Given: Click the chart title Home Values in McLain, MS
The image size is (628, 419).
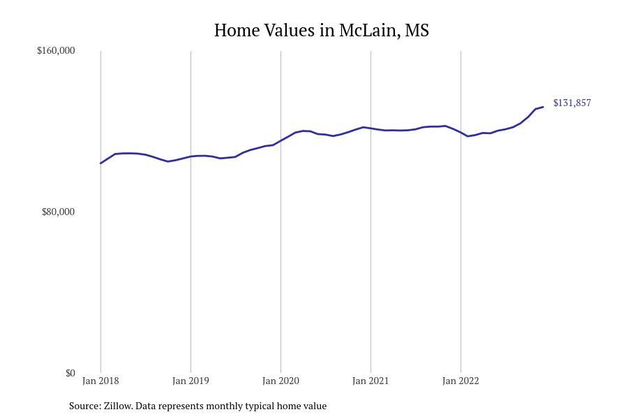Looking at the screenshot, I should coord(321,31).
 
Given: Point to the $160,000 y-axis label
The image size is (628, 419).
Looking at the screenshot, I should coord(56,50).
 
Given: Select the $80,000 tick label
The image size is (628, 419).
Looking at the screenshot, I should coord(58,212).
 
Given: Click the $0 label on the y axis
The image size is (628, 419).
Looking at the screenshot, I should coord(70,373).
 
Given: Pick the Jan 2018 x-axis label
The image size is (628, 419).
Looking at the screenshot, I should coord(100,381).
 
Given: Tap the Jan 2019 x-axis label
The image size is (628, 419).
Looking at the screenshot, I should coord(190,381).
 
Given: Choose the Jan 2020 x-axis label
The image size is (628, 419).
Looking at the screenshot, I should coord(281,381).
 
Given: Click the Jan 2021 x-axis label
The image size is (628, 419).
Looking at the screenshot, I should coord(371,381).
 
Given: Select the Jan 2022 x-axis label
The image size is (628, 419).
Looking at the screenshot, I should coord(461,381).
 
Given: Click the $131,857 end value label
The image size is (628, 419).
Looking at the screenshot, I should coord(571,103).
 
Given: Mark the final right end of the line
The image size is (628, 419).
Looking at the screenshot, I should coord(543,107).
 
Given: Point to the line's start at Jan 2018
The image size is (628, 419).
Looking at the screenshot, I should coord(101,163).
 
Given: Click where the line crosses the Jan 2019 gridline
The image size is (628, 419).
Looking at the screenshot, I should coord(190,156).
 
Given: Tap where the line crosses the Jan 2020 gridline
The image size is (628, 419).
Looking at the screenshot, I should coord(281,140).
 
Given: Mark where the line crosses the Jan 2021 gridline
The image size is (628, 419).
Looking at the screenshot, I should coord(371,128).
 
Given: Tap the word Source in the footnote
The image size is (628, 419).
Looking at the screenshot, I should coord(84,406).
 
